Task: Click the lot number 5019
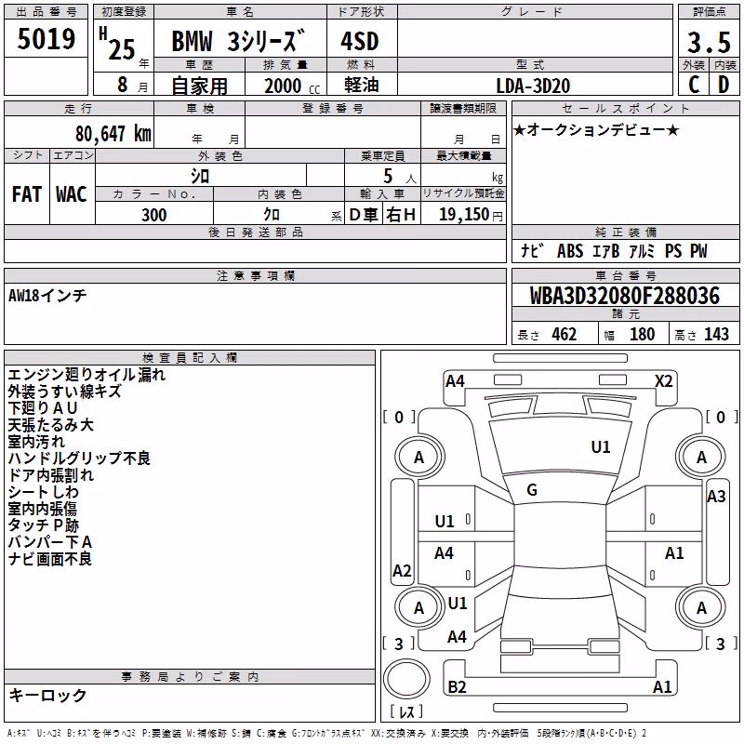point(46,38)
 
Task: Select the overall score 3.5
point(709,42)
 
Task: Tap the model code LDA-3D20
point(533,86)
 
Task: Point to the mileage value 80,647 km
point(113,133)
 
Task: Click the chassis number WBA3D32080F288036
point(625,295)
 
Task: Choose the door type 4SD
point(360,41)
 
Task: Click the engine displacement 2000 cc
point(291,86)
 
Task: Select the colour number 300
point(154,215)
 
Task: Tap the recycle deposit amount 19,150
point(464,214)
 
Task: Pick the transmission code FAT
point(27,194)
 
